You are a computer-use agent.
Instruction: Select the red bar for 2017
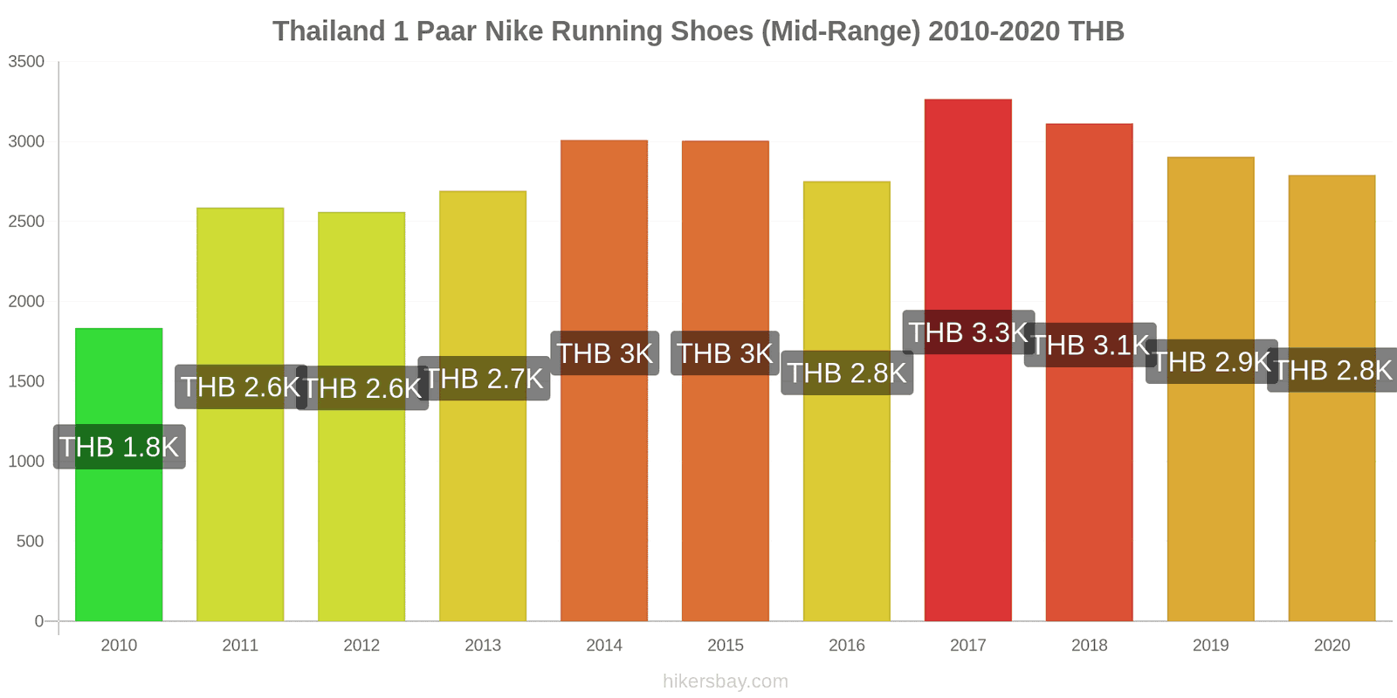[x=967, y=480]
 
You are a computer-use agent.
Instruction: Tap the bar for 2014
[x=604, y=489]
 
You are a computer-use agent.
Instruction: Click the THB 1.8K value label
[x=119, y=447]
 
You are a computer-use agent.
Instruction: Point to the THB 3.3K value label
[x=968, y=332]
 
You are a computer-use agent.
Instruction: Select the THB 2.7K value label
[x=484, y=379]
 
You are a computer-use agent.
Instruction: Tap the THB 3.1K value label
[x=1090, y=345]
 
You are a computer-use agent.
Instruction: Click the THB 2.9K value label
[x=1211, y=361]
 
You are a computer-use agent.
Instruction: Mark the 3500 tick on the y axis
[x=26, y=62]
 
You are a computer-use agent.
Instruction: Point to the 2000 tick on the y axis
[x=26, y=302]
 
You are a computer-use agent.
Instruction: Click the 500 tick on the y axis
[x=30, y=542]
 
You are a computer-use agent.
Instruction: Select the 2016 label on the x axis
[x=846, y=646]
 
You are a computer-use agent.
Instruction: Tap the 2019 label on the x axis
[x=1210, y=646]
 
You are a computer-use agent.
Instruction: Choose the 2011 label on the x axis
[x=240, y=646]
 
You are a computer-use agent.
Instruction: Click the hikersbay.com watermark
[x=725, y=681]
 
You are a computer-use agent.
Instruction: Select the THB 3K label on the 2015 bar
[x=725, y=353]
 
